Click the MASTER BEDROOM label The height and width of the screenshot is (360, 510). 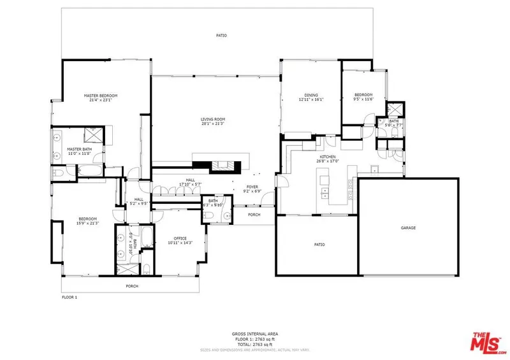(101, 96)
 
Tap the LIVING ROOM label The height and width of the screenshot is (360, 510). (213, 119)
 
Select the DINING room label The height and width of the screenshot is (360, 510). (311, 95)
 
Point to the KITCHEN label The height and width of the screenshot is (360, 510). (328, 156)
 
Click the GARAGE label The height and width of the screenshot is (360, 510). (408, 227)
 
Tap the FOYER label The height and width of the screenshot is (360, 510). (252, 186)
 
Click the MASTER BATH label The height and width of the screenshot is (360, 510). (80, 149)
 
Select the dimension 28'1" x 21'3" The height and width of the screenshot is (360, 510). (213, 124)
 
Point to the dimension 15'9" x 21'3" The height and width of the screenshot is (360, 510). (87, 222)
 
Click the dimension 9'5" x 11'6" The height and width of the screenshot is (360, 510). (363, 99)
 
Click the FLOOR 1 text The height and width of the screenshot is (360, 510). (69, 298)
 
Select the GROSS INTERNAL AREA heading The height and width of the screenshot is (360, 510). (255, 333)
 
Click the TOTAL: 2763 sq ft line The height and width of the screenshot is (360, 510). (255, 343)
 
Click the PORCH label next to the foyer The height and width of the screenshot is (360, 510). (254, 214)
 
